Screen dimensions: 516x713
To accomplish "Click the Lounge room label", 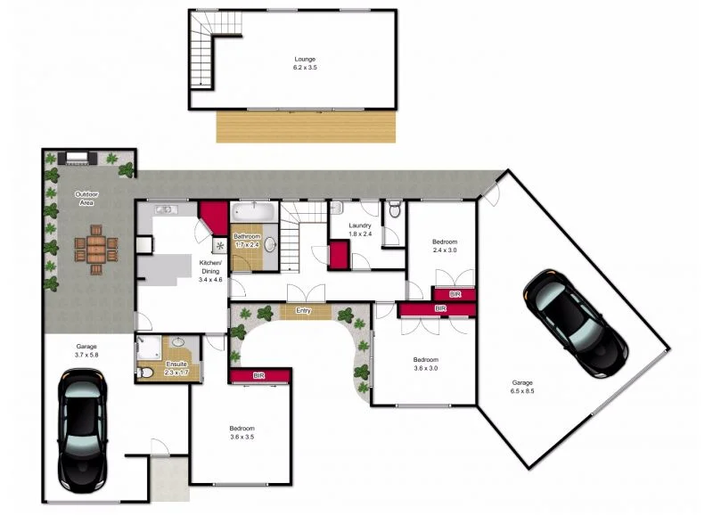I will [306, 60].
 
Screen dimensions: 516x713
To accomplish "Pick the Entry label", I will [305, 310].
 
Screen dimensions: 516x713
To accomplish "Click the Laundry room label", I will [360, 225].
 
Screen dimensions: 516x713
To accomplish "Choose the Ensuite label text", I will [176, 364].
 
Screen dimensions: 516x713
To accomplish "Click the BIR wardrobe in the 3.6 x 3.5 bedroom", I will [260, 376].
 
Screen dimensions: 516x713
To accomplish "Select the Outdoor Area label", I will [86, 194].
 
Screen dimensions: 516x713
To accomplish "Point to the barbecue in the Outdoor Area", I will [78, 159].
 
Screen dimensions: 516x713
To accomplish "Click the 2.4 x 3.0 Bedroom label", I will [445, 242].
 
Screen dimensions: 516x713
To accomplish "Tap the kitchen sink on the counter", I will [165, 210].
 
